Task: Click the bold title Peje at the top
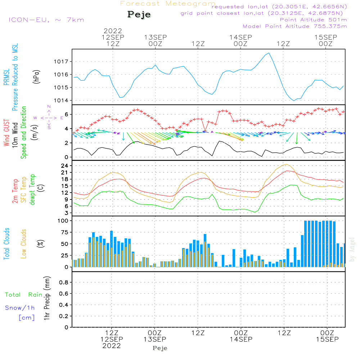tap(139, 15)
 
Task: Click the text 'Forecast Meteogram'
tap(168, 4)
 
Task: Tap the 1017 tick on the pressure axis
tap(63, 62)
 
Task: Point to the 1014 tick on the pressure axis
tap(63, 100)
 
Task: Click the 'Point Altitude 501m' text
tap(313, 20)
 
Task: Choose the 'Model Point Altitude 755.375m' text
tap(295, 26)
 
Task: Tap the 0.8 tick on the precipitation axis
tap(64, 283)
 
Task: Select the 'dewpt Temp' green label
tap(32, 190)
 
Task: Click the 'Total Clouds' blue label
tap(6, 244)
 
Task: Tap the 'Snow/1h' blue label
tap(20, 308)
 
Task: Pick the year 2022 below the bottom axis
tap(112, 346)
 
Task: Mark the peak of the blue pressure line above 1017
tap(269, 53)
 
